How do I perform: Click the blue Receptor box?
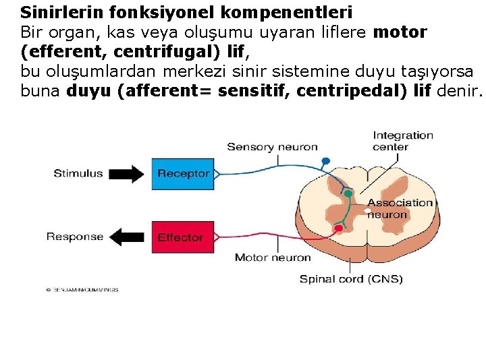(x=183, y=173)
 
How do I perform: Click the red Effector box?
(x=180, y=237)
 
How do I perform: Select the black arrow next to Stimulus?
(x=126, y=174)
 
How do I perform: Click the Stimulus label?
(x=78, y=173)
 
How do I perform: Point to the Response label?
(x=75, y=237)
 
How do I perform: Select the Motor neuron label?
(x=273, y=257)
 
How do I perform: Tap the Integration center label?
(x=403, y=141)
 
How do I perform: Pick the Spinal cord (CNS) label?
(x=350, y=278)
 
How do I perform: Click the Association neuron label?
(x=400, y=208)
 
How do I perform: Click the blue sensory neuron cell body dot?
(x=325, y=161)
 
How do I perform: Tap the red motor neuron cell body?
(x=338, y=229)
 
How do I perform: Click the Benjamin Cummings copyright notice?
(x=82, y=289)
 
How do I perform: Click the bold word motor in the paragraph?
(x=400, y=32)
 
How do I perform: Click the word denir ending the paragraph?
(x=459, y=92)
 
